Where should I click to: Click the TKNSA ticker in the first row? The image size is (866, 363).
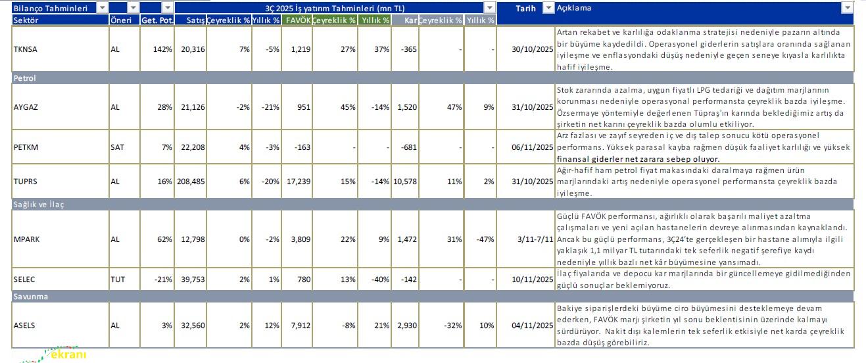coord(26,49)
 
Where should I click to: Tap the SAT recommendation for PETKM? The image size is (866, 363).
coord(117,147)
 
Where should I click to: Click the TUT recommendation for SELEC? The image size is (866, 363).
coord(118,279)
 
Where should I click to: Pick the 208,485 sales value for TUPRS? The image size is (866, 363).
coord(191,181)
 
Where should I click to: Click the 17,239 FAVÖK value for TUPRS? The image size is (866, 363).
coord(297,181)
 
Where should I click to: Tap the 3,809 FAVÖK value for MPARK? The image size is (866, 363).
coord(299,239)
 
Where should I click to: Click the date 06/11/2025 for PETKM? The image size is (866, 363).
coord(532,147)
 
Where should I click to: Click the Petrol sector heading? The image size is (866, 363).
coord(25,78)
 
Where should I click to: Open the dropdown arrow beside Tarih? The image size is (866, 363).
coord(548,8)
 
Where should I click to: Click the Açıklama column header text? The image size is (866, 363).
coord(574,8)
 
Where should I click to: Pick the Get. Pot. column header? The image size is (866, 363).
coord(156,20)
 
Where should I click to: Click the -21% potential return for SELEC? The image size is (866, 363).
coord(163,279)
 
